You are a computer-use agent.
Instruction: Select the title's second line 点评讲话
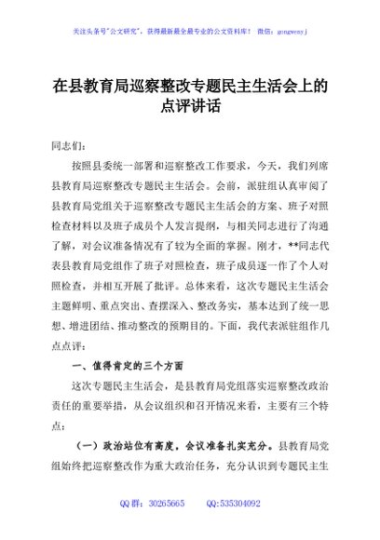coord(190,109)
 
